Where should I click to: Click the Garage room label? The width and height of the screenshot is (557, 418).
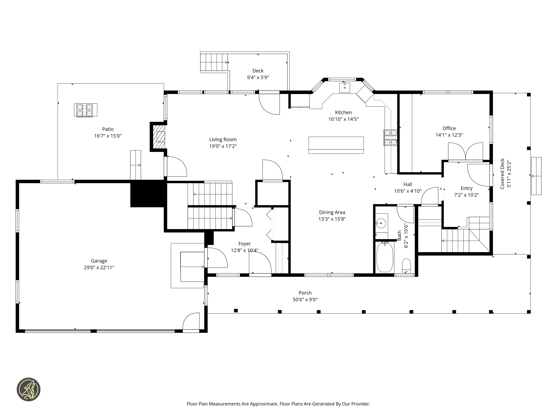pyautogui.click(x=99, y=261)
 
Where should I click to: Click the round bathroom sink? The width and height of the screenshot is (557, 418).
pyautogui.click(x=381, y=223)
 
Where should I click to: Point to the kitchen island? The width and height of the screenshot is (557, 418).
pyautogui.click(x=336, y=145)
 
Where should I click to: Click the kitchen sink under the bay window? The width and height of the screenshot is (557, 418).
pyautogui.click(x=344, y=87)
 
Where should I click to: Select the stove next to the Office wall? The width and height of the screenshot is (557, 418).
pyautogui.click(x=390, y=138)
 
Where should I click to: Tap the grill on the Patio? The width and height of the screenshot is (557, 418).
pyautogui.click(x=86, y=110)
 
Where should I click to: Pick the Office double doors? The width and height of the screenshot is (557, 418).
pyautogui.click(x=465, y=152)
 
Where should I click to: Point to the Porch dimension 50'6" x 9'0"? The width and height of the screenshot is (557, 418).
pyautogui.click(x=305, y=300)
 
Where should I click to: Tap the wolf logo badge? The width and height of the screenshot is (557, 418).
pyautogui.click(x=28, y=389)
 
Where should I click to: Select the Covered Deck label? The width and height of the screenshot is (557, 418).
pyautogui.click(x=502, y=174)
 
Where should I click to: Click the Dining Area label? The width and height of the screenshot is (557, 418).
pyautogui.click(x=332, y=212)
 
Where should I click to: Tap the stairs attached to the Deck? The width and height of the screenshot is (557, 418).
pyautogui.click(x=214, y=62)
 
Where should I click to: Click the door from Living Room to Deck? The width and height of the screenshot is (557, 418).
pyautogui.click(x=269, y=103)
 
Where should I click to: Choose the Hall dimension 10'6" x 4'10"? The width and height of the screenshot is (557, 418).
pyautogui.click(x=407, y=191)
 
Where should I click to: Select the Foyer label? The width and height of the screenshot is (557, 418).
pyautogui.click(x=245, y=244)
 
